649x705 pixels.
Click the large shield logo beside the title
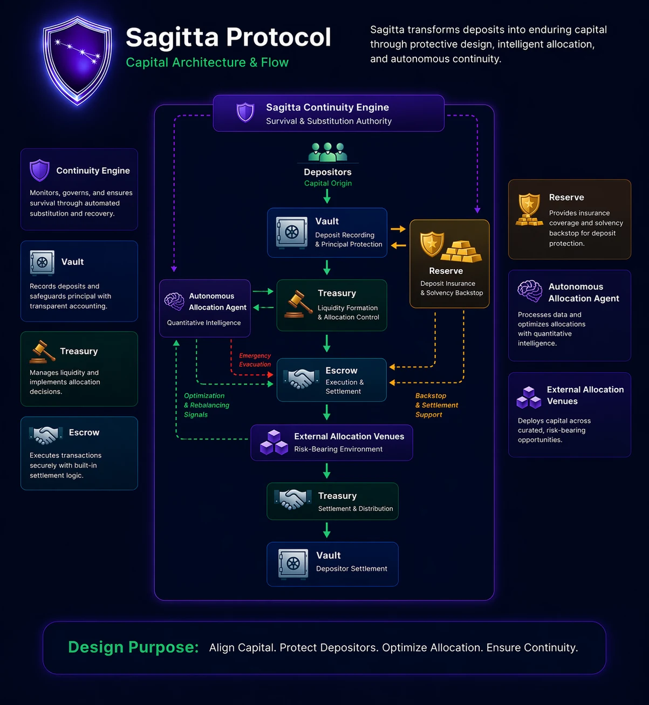(x=77, y=60)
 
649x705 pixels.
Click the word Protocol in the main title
(x=278, y=37)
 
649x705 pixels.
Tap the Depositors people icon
(x=327, y=152)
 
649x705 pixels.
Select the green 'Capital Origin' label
(x=327, y=183)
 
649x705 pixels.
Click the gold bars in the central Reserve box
(x=461, y=252)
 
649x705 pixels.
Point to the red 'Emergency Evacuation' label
(x=255, y=360)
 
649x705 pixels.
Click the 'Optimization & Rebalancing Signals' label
(x=207, y=405)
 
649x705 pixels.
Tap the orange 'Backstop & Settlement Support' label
(x=436, y=405)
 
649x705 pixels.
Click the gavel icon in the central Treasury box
(x=298, y=304)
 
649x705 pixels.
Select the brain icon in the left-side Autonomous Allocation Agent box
(x=174, y=302)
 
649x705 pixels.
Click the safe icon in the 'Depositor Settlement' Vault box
(x=293, y=564)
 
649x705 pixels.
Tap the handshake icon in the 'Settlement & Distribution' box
(x=293, y=499)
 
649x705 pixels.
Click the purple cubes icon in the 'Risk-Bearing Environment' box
(x=274, y=442)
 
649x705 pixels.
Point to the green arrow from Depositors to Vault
(x=327, y=196)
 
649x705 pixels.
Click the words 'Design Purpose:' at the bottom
(x=134, y=647)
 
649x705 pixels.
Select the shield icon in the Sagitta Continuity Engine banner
(x=245, y=112)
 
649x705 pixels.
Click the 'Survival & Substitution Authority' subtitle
(x=329, y=121)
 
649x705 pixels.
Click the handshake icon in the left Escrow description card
(x=46, y=435)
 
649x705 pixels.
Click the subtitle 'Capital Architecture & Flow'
(x=207, y=62)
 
